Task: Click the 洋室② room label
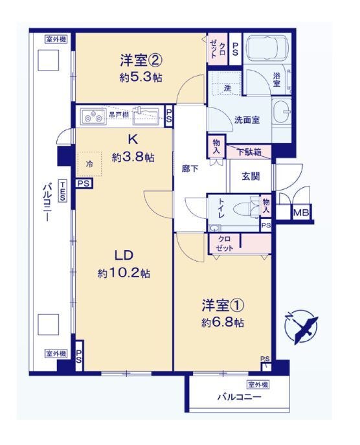[141, 60]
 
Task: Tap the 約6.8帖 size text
[223, 323]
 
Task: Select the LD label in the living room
[124, 255]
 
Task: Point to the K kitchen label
[133, 139]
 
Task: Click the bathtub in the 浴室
[267, 48]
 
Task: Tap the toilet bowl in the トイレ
[245, 210]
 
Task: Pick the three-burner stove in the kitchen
[93, 117]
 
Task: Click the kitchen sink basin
[146, 117]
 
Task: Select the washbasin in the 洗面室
[282, 112]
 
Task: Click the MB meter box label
[301, 212]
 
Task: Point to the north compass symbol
[301, 326]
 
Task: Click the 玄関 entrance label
[251, 177]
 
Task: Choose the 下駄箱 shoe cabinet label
[249, 152]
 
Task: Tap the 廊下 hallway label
[190, 169]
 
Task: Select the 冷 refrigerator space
[89, 164]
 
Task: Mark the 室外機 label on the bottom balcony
[258, 385]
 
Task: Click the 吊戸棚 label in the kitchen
[119, 115]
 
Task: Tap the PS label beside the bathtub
[235, 49]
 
